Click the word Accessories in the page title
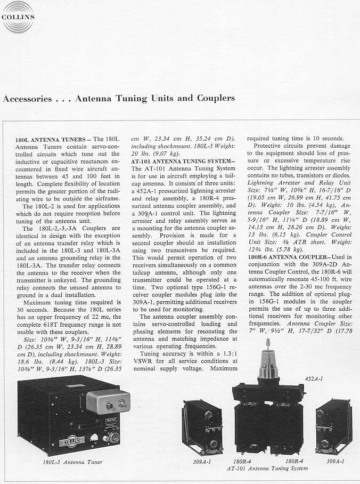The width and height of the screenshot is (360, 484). pyautogui.click(x=27, y=99)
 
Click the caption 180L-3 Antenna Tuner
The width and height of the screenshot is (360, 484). pyautogui.click(x=72, y=462)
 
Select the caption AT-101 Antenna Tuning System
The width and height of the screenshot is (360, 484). pyautogui.click(x=267, y=469)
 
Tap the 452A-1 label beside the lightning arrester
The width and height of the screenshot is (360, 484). pyautogui.click(x=314, y=378)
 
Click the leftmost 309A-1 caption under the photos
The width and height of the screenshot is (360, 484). pyautogui.click(x=202, y=462)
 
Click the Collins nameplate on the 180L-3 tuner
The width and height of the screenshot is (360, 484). pyautogui.click(x=70, y=441)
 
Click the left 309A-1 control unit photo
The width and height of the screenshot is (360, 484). pyautogui.click(x=202, y=426)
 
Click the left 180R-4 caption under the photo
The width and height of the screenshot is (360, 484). pyautogui.click(x=242, y=462)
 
